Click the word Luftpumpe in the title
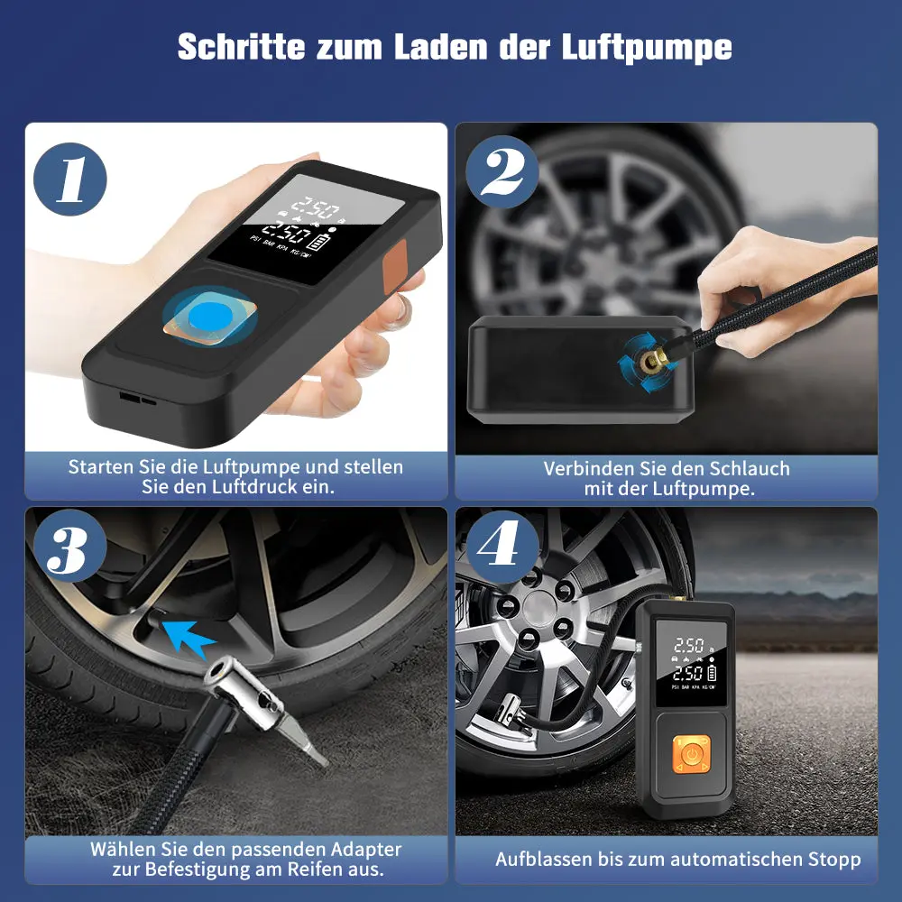click(x=647, y=47)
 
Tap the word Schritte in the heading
click(x=241, y=46)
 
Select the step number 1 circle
click(x=70, y=179)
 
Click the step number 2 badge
click(x=502, y=172)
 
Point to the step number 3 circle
click(x=70, y=546)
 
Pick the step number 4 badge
click(x=502, y=548)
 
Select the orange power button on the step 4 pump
click(x=692, y=753)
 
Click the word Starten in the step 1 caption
click(x=101, y=466)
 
